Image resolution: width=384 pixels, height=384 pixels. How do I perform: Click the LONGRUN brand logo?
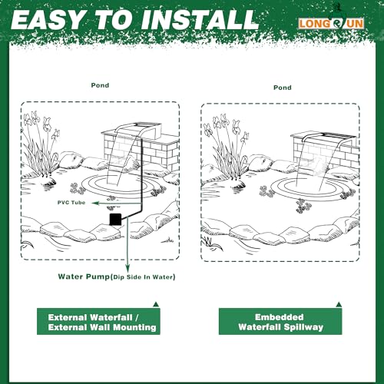331,24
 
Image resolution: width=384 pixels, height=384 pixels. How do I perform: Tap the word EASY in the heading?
48,20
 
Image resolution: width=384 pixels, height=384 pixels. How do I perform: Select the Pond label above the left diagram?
100,85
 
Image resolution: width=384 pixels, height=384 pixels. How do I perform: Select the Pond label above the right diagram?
283,88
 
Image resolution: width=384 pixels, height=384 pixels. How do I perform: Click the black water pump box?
115,219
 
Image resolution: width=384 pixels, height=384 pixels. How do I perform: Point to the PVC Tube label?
71,203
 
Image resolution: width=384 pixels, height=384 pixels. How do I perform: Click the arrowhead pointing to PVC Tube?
96,203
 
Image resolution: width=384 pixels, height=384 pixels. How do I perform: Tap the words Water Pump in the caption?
84,276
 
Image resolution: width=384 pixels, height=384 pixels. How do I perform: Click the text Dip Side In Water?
144,277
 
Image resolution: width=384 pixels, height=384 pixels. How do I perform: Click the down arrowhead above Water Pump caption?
127,269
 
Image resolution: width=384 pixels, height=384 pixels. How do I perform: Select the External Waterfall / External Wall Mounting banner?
98,322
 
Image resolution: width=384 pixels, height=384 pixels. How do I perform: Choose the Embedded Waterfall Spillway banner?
280,322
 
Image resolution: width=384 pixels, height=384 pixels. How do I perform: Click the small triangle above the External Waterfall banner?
156,305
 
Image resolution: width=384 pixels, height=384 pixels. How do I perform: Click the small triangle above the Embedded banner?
339,305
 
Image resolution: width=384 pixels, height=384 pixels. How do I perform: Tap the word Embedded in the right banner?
280,317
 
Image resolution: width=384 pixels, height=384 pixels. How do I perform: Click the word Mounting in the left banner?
134,327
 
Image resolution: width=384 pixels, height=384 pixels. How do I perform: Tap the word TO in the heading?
113,20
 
